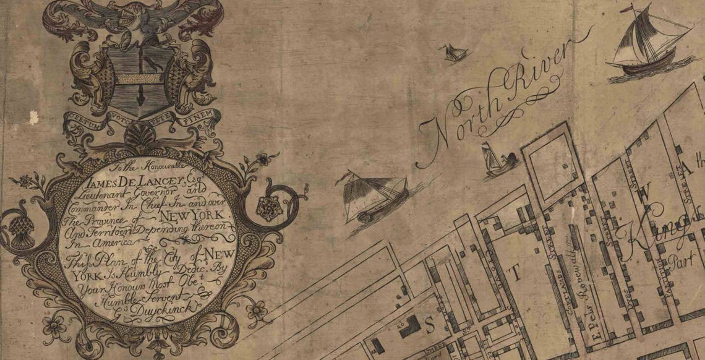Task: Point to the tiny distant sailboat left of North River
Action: pyautogui.click(x=453, y=53)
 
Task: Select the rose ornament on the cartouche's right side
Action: pyautogui.click(x=269, y=207)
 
